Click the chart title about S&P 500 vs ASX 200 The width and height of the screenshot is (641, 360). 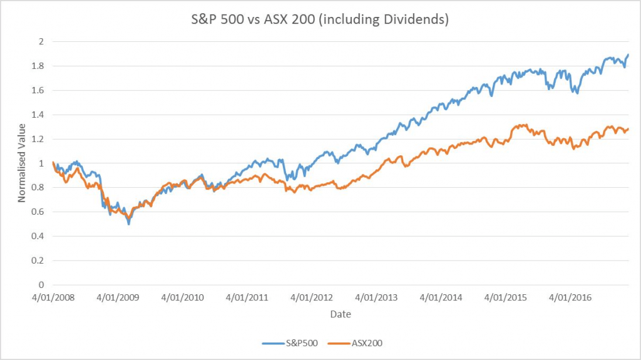point(320,19)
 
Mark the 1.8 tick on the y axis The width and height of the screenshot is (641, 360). point(40,66)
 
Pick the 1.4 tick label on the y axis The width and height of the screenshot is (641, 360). point(40,115)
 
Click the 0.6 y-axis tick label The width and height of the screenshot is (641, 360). point(40,212)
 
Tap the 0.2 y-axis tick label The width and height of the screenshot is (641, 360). point(40,260)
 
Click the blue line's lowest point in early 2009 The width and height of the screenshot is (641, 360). point(129,224)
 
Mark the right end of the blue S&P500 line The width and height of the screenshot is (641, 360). point(628,55)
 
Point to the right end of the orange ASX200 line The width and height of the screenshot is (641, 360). point(628,129)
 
